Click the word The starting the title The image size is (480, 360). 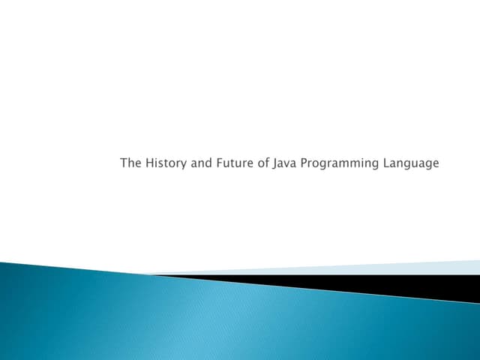(x=130, y=163)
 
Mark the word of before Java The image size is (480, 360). (x=262, y=163)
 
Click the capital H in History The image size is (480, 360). (x=149, y=163)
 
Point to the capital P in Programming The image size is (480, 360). (x=304, y=163)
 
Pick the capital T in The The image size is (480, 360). (x=124, y=163)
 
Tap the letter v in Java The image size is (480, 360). (x=287, y=163)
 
